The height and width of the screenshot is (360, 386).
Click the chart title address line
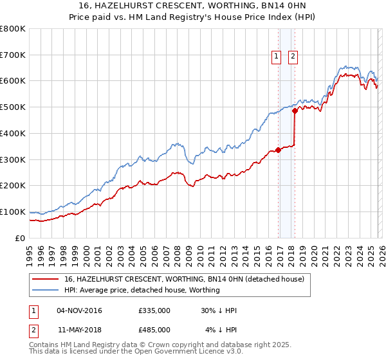point(192,5)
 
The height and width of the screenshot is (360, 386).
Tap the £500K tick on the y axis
point(13,107)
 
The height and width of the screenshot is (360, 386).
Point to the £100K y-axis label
point(13,212)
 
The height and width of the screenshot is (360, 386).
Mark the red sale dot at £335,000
point(278,150)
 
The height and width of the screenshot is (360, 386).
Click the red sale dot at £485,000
point(295,111)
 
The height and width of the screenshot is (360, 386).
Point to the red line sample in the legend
point(46,279)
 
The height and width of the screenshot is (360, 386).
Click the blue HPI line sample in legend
point(46,290)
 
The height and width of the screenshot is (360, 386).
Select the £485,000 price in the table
point(154,330)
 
